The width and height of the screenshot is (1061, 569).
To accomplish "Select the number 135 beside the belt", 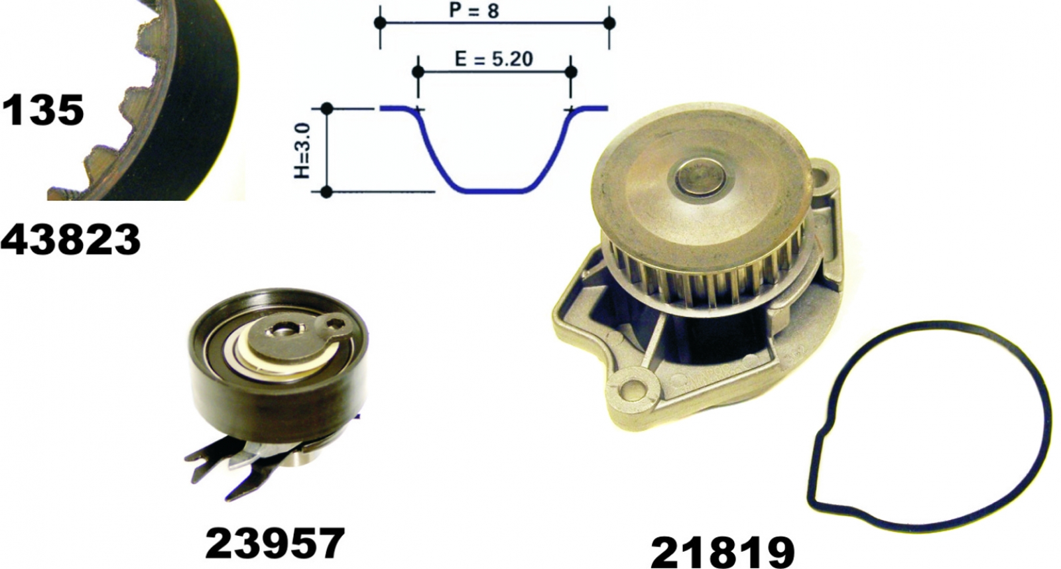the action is [x=43, y=109].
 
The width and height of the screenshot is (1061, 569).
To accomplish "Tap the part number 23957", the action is [x=275, y=543].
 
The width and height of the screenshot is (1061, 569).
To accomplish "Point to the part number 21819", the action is [x=722, y=552].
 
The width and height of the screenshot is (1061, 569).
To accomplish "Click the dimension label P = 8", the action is [x=473, y=11].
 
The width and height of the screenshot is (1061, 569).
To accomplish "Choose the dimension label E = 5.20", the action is [x=494, y=58].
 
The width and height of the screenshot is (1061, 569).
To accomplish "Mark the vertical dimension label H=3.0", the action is [x=302, y=151].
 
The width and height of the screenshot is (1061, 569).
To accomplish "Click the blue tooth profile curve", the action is [x=494, y=192].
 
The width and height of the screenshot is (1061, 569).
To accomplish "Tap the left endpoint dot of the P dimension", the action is [x=380, y=23].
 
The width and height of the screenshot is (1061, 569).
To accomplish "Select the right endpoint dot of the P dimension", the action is [x=609, y=23].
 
